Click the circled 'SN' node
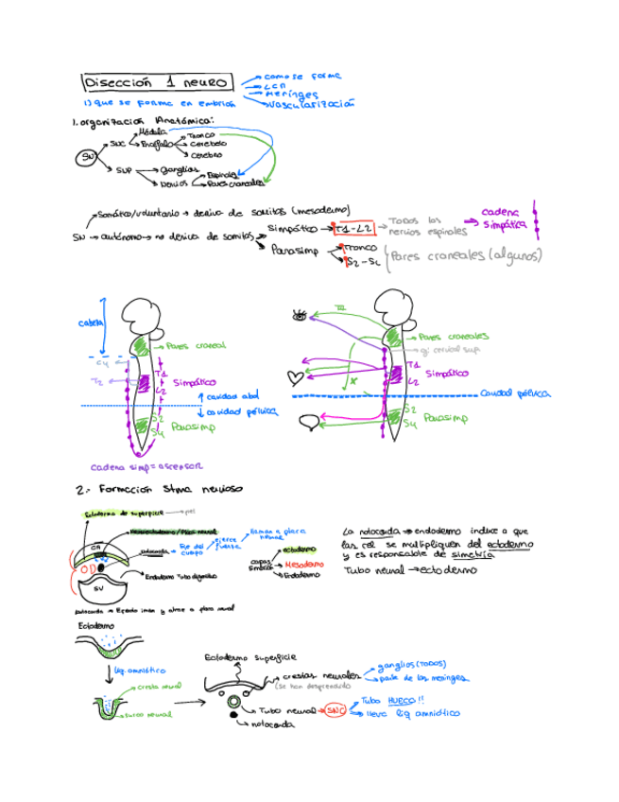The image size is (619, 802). point(87,157)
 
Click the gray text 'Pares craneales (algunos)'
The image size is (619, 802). point(467,254)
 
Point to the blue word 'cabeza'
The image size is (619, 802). point(91,323)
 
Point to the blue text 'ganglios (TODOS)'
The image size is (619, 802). point(412,664)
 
